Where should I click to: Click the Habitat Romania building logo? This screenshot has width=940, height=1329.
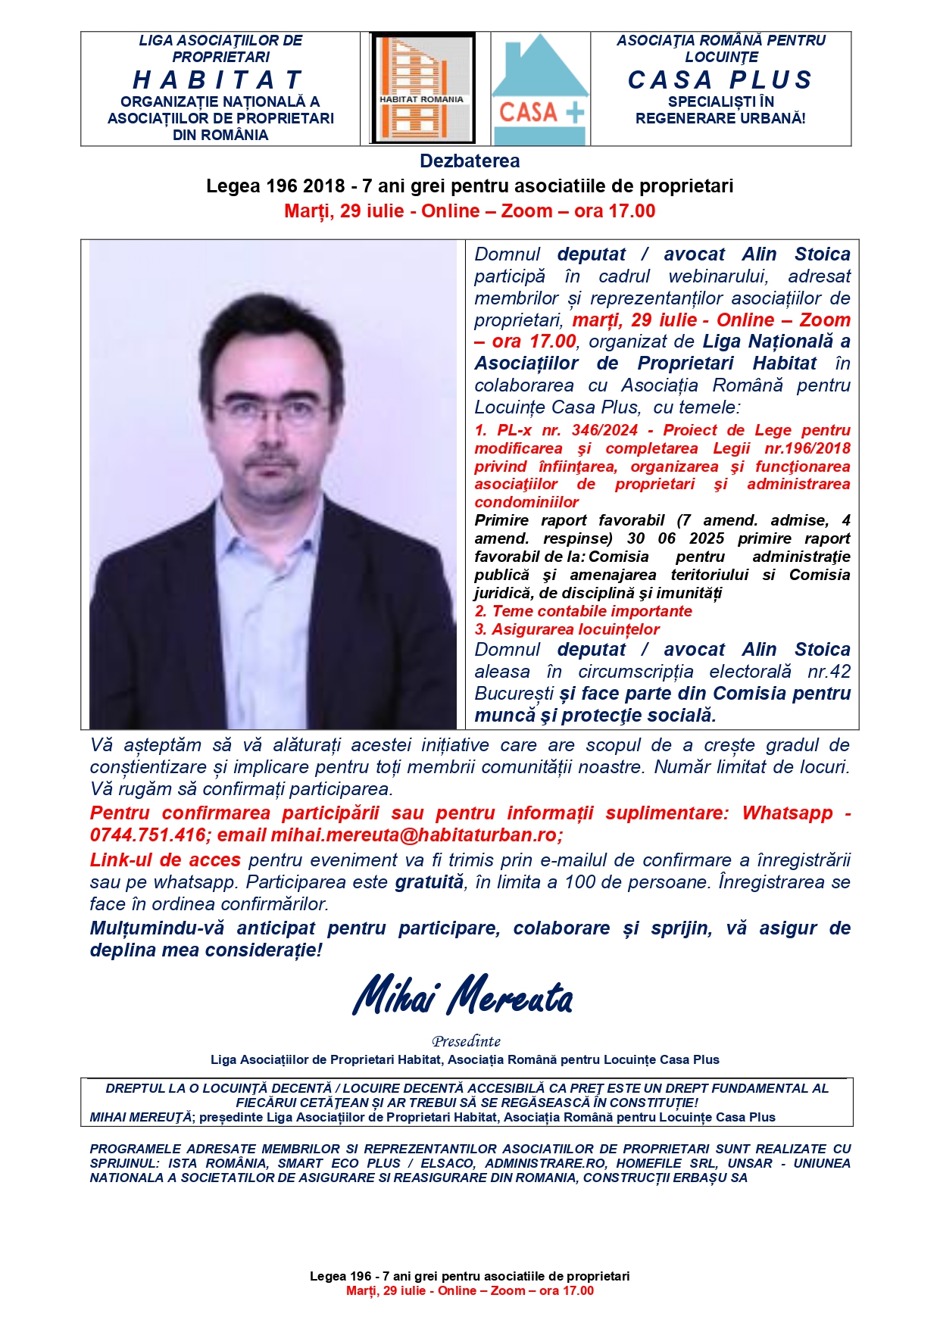coord(423,88)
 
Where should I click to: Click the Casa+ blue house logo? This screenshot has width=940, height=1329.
coord(540,89)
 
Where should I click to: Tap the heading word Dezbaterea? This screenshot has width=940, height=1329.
coord(470,161)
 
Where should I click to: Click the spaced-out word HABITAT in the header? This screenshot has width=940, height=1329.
coord(219,80)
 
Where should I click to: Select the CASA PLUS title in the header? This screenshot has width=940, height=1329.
coord(720,80)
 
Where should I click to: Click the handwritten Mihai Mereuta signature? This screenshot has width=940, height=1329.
coord(463,997)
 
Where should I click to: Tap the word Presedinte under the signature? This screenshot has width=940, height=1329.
coord(467,1041)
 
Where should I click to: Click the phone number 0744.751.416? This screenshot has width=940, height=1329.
coord(147,835)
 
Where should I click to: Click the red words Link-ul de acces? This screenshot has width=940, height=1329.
coord(165,860)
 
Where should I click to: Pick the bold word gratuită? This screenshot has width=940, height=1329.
coord(429,882)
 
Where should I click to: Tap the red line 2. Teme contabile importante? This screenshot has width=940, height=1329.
coord(583,611)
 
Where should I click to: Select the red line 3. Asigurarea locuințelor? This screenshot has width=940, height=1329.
coord(567,629)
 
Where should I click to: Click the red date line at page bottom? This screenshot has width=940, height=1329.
coord(470,1290)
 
